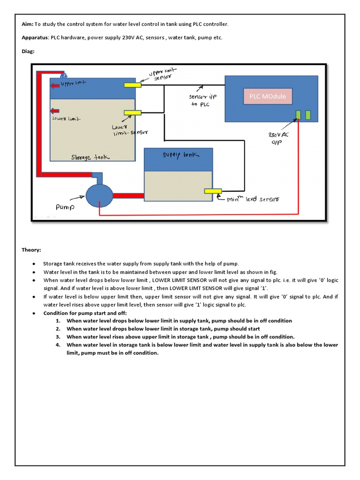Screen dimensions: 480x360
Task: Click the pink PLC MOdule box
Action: [x=267, y=97]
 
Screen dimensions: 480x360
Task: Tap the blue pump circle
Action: [x=99, y=195]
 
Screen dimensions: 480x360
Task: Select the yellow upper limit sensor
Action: [x=133, y=85]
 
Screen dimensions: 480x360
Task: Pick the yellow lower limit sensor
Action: [x=133, y=112]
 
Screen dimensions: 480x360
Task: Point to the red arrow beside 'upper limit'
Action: [x=55, y=85]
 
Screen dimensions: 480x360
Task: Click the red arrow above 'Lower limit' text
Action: [x=55, y=111]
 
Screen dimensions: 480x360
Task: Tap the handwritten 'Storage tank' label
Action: [x=90, y=157]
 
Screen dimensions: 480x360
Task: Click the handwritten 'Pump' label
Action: [x=66, y=206]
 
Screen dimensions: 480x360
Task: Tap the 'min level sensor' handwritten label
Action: [x=253, y=199]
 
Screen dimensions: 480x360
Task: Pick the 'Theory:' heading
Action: [x=31, y=250]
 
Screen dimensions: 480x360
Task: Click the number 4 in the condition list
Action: [x=58, y=345]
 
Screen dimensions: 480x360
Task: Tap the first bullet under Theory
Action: [x=34, y=264]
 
